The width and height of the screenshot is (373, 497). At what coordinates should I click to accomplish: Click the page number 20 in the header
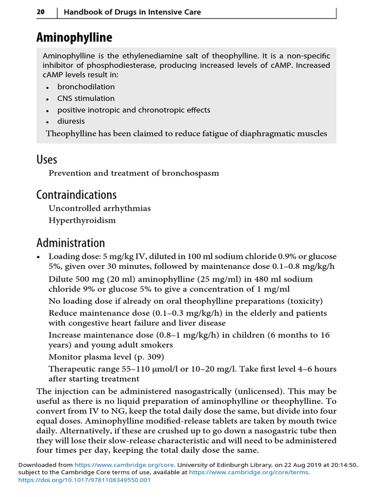(x=41, y=12)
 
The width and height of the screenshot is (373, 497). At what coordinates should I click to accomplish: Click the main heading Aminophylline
(x=74, y=37)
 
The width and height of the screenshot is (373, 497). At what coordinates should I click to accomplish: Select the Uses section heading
(x=47, y=159)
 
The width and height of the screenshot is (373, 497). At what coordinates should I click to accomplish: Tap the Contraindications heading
(x=76, y=195)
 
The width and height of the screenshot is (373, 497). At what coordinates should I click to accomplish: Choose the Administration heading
(x=70, y=243)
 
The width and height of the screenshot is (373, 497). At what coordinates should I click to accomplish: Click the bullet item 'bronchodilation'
(x=86, y=87)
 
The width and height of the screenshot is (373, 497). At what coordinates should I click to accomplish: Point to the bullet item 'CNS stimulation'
(x=86, y=99)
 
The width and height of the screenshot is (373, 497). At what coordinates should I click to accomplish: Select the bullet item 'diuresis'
(x=71, y=121)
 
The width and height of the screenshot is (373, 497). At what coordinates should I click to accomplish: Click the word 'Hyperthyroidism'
(x=82, y=220)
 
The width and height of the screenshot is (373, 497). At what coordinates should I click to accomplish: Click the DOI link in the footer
(x=85, y=480)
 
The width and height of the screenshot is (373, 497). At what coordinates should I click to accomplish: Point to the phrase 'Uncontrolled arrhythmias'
(x=100, y=208)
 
